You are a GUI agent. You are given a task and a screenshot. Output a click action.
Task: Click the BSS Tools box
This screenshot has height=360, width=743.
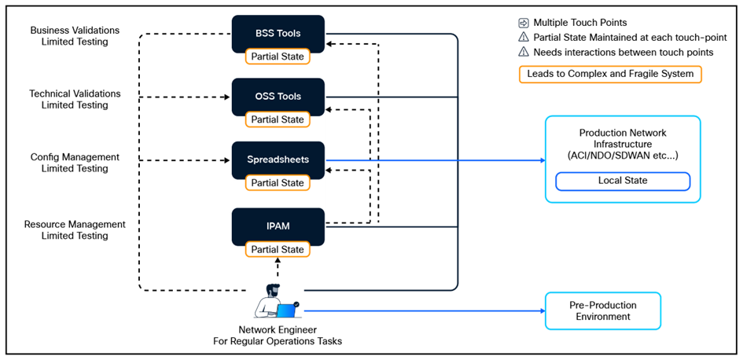(278, 34)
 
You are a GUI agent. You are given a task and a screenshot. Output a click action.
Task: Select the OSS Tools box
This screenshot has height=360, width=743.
(278, 97)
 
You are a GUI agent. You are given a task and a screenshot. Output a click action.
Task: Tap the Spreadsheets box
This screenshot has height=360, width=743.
(278, 160)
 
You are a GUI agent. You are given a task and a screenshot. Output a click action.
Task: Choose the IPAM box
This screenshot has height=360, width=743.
(278, 226)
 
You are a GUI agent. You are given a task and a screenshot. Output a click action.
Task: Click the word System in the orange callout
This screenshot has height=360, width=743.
(678, 75)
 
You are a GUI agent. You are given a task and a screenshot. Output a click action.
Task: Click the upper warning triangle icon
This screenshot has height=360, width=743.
(524, 37)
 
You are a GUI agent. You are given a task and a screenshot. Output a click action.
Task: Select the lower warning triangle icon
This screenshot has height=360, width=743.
(524, 51)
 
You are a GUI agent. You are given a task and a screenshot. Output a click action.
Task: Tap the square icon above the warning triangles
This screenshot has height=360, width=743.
(524, 24)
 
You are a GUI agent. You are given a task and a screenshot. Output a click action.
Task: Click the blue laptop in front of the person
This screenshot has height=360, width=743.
(286, 311)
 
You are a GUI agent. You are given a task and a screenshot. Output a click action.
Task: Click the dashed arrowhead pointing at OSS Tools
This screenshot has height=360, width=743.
(329, 109)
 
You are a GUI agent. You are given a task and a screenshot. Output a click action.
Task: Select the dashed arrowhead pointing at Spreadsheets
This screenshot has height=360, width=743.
(329, 172)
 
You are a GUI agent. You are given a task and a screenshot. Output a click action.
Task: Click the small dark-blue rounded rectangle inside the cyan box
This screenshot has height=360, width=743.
(623, 182)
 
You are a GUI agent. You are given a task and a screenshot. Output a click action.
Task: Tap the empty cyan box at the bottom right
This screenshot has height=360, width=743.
(603, 310)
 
